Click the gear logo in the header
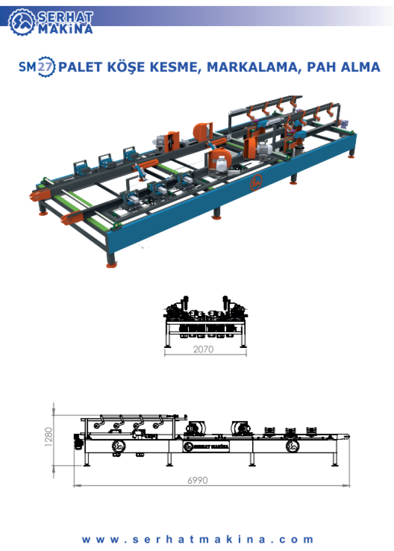tap(22, 22)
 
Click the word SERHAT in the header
tap(66, 17)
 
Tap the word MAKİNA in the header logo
tap(66, 29)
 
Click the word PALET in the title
tap(80, 67)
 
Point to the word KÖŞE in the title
tap(126, 67)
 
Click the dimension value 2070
tap(203, 349)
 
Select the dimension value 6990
tap(197, 480)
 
